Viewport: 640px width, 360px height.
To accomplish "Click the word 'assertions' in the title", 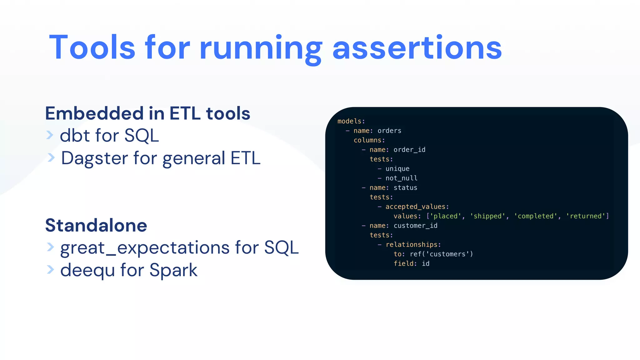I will [417, 47].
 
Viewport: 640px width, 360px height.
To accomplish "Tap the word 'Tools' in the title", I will [92, 47].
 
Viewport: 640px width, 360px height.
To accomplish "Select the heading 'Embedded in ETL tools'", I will [147, 113].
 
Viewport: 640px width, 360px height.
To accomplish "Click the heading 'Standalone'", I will [96, 225].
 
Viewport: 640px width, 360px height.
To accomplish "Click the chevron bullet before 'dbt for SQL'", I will [50, 135].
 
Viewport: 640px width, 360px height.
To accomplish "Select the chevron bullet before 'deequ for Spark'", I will [50, 269].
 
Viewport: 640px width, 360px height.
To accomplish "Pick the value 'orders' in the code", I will [389, 131].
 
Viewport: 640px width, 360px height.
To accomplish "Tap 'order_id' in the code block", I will [409, 150].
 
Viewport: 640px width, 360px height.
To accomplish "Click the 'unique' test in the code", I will [397, 169].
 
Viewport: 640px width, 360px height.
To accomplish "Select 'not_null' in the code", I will [401, 178].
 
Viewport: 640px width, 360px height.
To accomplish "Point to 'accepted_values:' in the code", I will [417, 207].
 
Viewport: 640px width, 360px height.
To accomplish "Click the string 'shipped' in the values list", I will [487, 216].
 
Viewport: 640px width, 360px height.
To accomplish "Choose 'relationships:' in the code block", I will [413, 245].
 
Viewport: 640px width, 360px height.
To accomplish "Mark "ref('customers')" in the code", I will [441, 254].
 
